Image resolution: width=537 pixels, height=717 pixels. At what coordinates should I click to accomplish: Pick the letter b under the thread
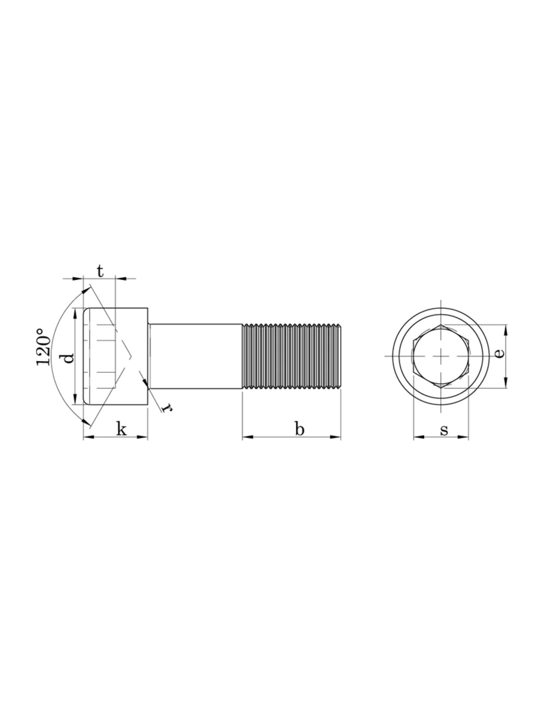pos(299,429)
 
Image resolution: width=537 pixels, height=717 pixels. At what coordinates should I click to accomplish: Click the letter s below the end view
pos(444,431)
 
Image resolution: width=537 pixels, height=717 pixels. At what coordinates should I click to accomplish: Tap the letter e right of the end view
pos(499,353)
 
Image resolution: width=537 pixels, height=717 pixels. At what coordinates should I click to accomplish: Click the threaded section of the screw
pos(291,356)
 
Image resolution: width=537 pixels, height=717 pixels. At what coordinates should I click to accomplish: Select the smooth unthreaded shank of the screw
pos(195,356)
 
